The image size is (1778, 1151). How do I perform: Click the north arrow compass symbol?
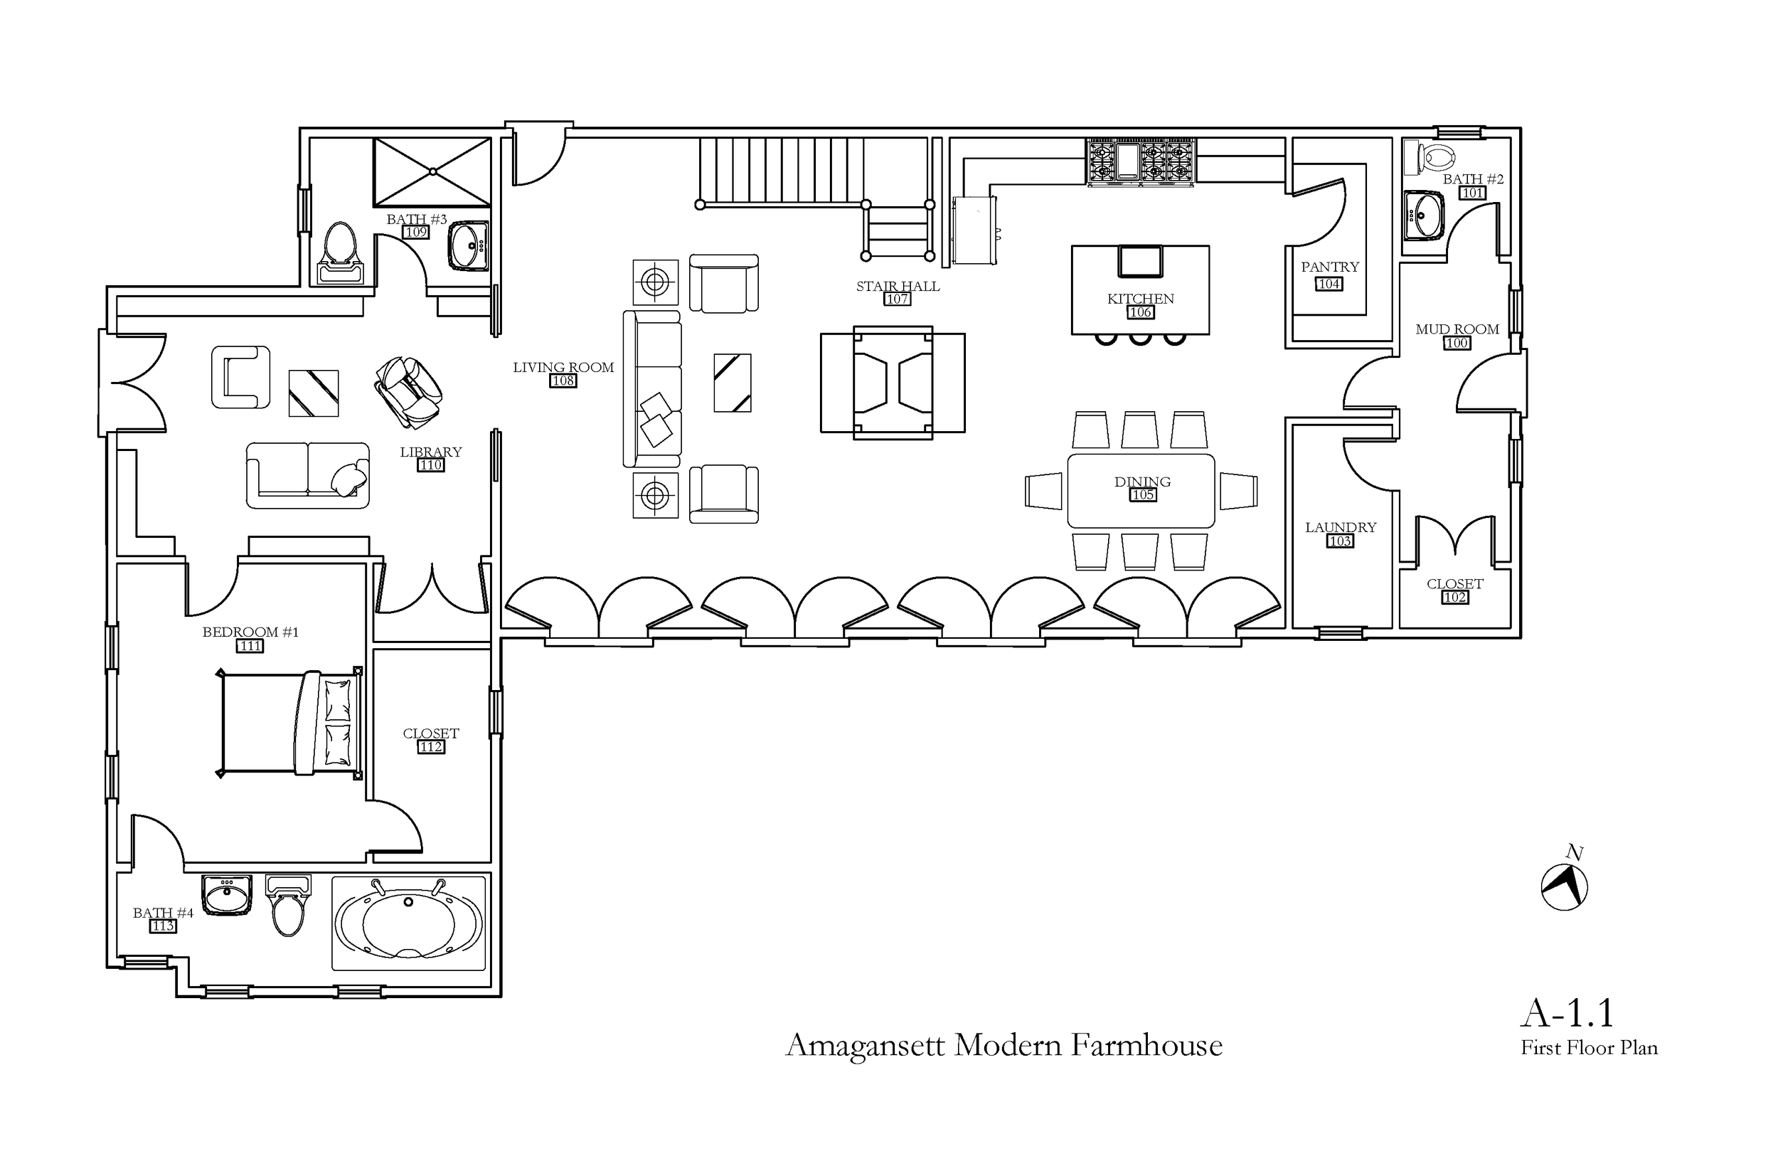pyautogui.click(x=1564, y=887)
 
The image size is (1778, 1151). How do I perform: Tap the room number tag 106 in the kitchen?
pyautogui.click(x=1140, y=312)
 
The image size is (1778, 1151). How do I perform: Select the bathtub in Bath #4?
pyautogui.click(x=408, y=924)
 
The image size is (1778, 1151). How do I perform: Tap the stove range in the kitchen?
pyautogui.click(x=1140, y=161)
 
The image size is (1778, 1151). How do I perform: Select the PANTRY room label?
pyautogui.click(x=1330, y=267)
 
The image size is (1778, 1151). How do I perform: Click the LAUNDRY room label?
pyautogui.click(x=1340, y=528)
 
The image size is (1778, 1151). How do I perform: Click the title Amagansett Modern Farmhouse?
pyautogui.click(x=1004, y=1046)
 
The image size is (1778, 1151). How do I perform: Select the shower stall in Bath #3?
pyautogui.click(x=432, y=172)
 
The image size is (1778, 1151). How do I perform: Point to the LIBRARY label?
pyautogui.click(x=430, y=452)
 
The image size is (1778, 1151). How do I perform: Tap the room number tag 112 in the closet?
pyautogui.click(x=430, y=747)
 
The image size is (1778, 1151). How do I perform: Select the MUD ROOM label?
pyautogui.click(x=1457, y=329)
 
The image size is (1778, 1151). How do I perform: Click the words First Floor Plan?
pyautogui.click(x=1589, y=1049)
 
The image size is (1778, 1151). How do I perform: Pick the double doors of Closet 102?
pyautogui.click(x=1454, y=538)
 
